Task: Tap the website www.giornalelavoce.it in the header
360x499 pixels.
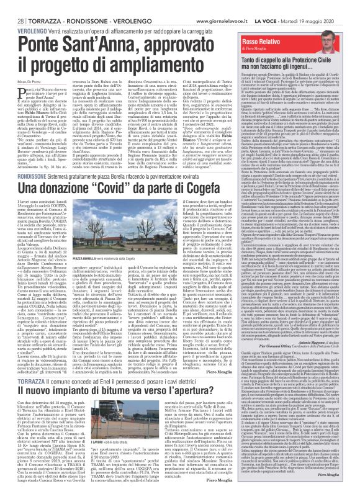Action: click(x=233, y=6)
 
